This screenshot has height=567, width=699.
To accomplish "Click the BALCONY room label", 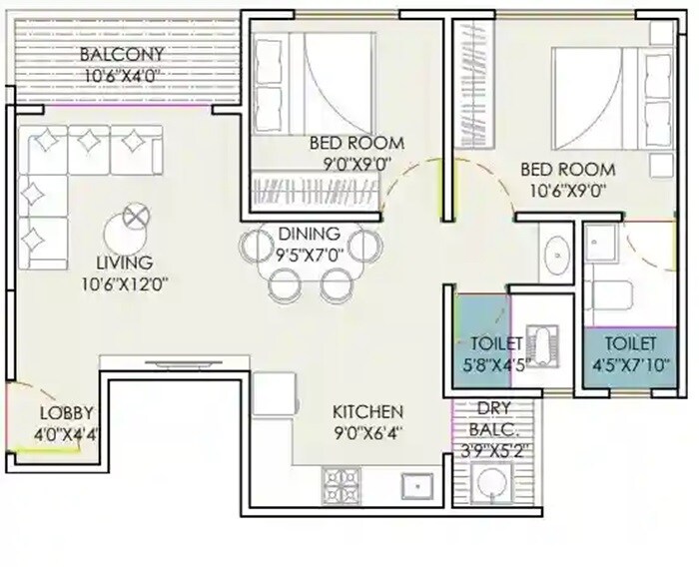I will click(x=124, y=53).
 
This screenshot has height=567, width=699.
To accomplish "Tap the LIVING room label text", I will click(x=118, y=263).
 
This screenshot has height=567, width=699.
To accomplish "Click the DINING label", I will click(x=310, y=234).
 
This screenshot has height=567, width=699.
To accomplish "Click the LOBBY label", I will click(x=67, y=413).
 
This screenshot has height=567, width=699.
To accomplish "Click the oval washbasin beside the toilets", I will click(x=554, y=256).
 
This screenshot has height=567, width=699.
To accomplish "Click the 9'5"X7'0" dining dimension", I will click(x=310, y=254).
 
